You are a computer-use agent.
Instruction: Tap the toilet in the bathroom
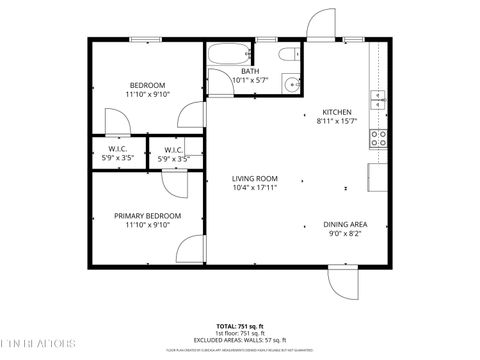click(x=288, y=56)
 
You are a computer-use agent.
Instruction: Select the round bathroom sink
click(x=292, y=85)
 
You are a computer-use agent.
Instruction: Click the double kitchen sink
click(x=378, y=98)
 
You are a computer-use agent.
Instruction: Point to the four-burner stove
click(x=379, y=138)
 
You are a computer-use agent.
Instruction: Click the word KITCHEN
click(x=336, y=111)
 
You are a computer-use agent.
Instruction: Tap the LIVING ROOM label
click(x=255, y=179)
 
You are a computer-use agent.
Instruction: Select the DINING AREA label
click(x=344, y=224)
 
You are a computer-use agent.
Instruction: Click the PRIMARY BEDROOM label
click(x=147, y=216)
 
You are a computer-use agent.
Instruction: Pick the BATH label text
click(x=249, y=71)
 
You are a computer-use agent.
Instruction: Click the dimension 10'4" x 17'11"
click(x=255, y=188)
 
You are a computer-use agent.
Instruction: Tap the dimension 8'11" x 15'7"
click(x=336, y=120)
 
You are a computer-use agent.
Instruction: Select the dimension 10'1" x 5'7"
click(x=249, y=80)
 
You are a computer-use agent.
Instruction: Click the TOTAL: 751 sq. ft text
click(x=240, y=326)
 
